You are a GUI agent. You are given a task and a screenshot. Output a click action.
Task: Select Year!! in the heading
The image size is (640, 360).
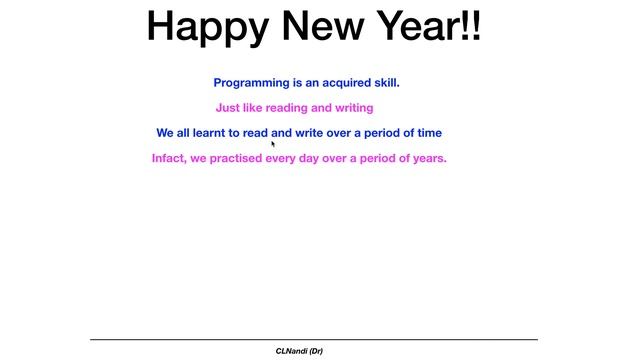tap(426, 27)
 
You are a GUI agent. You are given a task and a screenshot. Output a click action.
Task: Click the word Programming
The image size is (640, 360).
tap(251, 83)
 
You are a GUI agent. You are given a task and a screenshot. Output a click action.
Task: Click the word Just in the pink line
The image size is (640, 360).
tap(228, 108)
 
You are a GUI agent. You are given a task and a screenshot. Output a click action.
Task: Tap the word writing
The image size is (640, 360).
tap(352, 108)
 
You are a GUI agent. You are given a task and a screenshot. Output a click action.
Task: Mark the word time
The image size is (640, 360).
tap(427, 133)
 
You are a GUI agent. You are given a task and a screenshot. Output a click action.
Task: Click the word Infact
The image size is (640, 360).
tap(169, 158)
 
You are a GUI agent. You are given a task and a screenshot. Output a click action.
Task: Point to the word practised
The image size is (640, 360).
tap(236, 158)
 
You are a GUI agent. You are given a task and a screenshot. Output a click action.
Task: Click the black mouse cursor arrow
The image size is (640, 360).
tap(273, 144)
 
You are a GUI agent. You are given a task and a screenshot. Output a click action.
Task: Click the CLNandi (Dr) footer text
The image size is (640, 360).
tap(299, 351)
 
